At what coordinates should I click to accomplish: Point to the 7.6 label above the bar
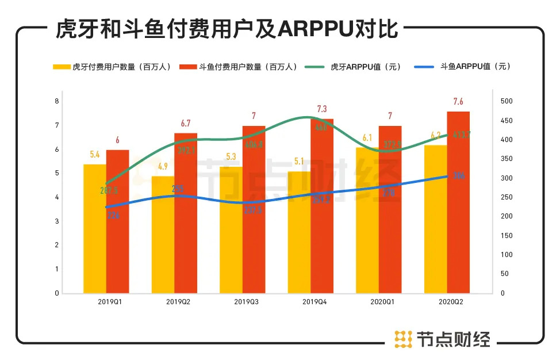click(458, 102)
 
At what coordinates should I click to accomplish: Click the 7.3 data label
click(322, 109)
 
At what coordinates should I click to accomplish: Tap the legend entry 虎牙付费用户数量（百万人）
click(112, 67)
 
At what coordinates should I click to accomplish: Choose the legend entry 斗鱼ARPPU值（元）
click(463, 67)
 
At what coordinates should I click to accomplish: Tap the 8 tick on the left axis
click(56, 101)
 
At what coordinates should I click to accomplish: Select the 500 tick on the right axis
click(507, 101)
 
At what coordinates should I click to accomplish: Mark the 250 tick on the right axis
click(507, 197)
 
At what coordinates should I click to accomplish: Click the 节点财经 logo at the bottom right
click(442, 339)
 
